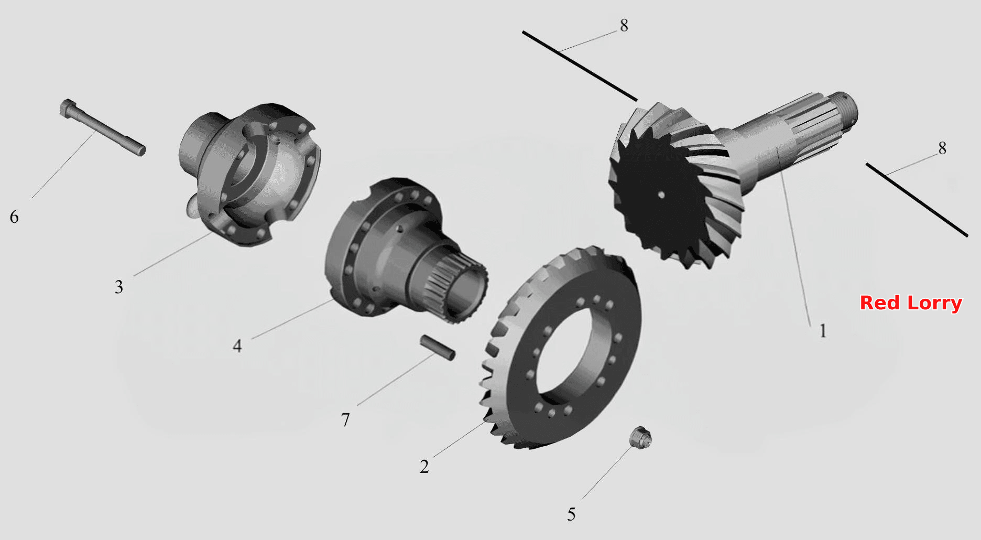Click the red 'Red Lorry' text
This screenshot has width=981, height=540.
tap(911, 303)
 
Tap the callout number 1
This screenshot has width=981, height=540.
tap(823, 331)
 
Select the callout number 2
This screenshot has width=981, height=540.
tap(424, 466)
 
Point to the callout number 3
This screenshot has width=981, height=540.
tap(119, 287)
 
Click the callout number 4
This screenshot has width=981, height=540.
tap(237, 346)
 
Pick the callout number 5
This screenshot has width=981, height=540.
tap(571, 514)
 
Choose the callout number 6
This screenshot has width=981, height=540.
tap(14, 217)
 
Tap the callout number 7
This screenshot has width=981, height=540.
tap(345, 420)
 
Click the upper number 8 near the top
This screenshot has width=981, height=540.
tap(624, 25)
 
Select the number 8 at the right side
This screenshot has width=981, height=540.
tap(942, 148)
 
